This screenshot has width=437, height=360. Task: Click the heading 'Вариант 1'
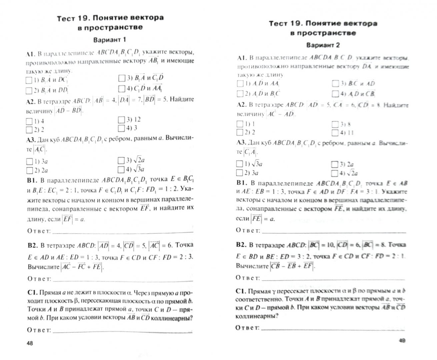[x=109, y=40]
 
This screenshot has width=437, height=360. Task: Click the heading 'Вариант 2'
[x=323, y=45]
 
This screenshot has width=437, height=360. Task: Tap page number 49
[x=402, y=340]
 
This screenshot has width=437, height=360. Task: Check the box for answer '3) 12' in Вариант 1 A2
[x=121, y=119]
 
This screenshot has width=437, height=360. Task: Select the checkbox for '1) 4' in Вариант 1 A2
[x=29, y=121]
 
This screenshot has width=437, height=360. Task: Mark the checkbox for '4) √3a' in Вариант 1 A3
[x=121, y=169]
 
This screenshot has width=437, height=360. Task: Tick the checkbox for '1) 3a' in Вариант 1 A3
[x=29, y=162]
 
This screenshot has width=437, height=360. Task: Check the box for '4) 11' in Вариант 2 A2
[x=335, y=132]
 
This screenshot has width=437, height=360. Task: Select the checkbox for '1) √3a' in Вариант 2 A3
[x=239, y=164]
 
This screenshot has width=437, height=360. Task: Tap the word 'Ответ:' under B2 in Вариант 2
[x=248, y=278]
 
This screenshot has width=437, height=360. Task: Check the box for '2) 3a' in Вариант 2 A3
[x=239, y=173]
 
